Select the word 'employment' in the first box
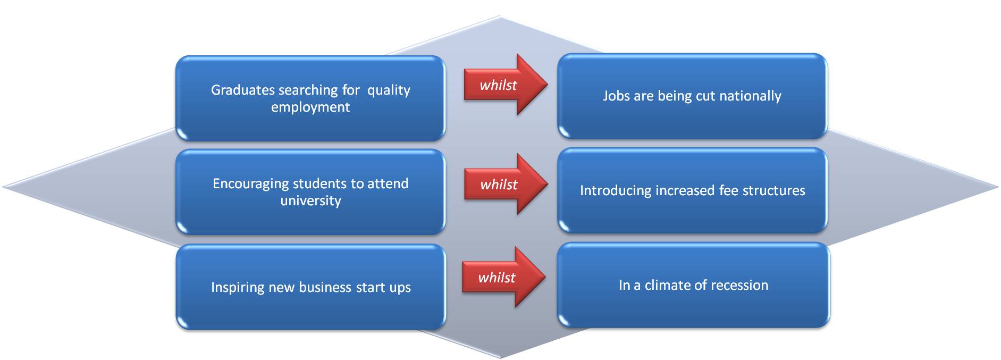(310, 107)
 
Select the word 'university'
(311, 200)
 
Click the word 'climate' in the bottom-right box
(667, 285)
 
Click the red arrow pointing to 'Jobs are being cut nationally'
(506, 85)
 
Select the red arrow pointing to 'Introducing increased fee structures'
(506, 184)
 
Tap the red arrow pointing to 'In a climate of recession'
(503, 277)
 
